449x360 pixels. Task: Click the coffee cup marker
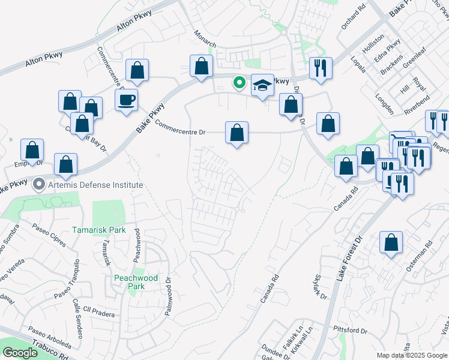[x=126, y=100]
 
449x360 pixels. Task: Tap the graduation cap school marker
[x=262, y=85]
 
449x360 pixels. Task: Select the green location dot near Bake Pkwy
[x=239, y=83]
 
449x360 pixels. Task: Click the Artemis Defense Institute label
[x=96, y=184]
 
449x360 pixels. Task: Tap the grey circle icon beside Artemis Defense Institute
[x=40, y=184]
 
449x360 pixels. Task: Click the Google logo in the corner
[x=20, y=353]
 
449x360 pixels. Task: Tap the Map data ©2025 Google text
[x=411, y=355]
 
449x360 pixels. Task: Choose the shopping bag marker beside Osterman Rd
[x=391, y=242]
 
